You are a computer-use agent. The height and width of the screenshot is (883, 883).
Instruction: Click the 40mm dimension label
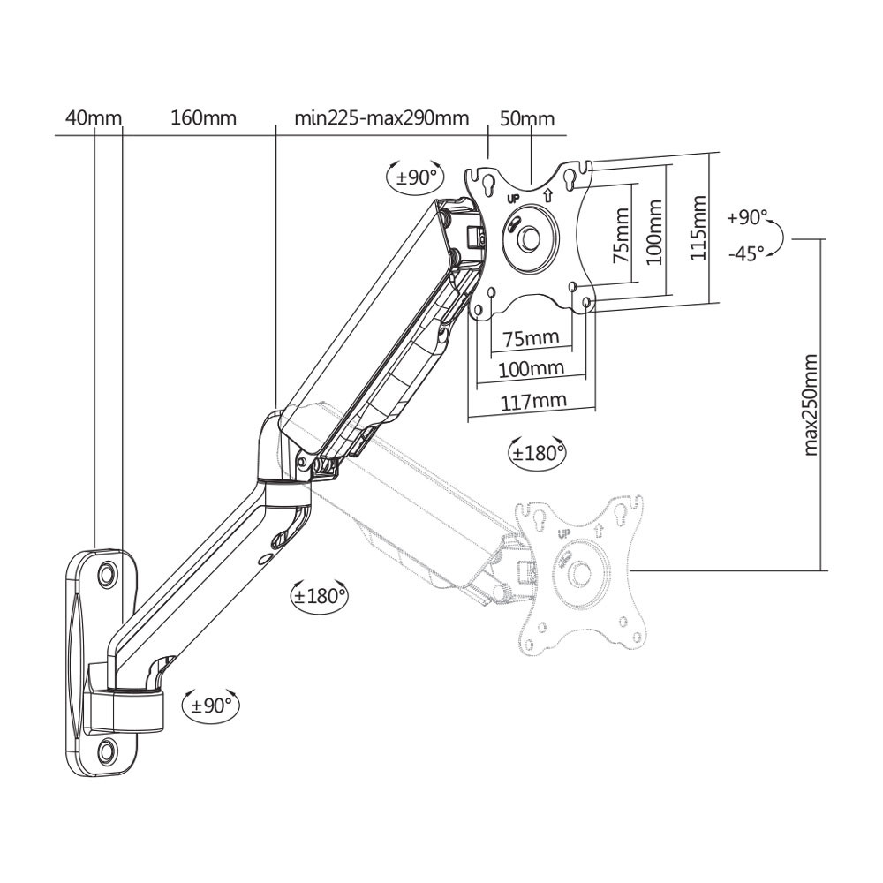[x=94, y=117]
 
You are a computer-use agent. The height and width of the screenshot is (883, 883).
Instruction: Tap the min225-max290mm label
[x=381, y=117]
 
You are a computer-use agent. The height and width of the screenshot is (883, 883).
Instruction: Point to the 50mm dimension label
[x=527, y=118]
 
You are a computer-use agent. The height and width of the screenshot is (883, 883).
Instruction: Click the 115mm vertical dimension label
[x=698, y=228]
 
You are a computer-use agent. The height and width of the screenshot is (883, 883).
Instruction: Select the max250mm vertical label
[x=810, y=404]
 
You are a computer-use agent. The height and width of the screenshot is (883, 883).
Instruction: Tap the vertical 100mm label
[x=654, y=231]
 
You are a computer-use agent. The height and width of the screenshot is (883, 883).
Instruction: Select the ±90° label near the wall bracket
[x=211, y=705]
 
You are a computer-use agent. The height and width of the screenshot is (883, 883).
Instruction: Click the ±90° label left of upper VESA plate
[x=416, y=177]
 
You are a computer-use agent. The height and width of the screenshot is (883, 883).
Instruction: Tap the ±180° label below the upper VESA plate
[x=537, y=452]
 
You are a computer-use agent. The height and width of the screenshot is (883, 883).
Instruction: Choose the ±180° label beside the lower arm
[x=320, y=595]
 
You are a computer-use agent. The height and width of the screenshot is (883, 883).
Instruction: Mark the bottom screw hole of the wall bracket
[x=106, y=749]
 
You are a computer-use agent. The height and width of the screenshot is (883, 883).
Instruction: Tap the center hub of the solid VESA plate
[x=529, y=237]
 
